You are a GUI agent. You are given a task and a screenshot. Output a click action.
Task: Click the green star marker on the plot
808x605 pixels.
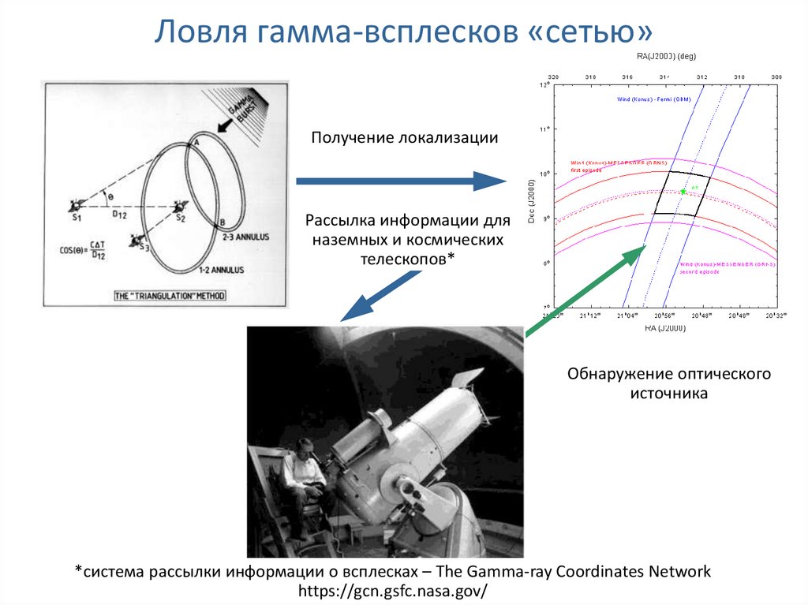click(683, 192)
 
